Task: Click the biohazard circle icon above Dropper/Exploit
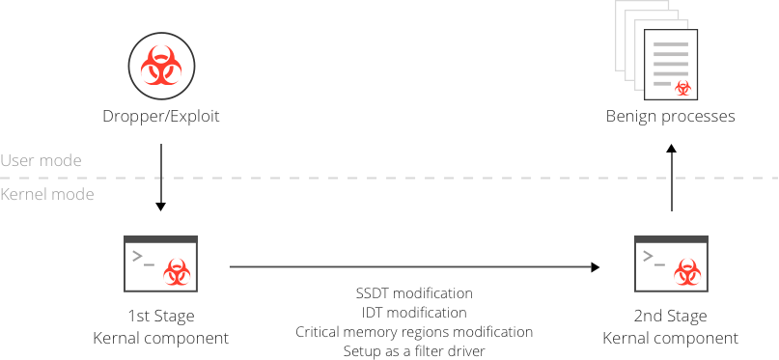point(161,66)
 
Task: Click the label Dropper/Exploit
point(161,117)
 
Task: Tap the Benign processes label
point(670,117)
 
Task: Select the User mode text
point(41,160)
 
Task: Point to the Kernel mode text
point(47,194)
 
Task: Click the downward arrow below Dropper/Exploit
point(160,178)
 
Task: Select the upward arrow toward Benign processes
point(672,178)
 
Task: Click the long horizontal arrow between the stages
point(415,267)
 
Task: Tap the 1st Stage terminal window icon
point(160,263)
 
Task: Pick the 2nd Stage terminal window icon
point(671,263)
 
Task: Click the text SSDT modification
point(414,293)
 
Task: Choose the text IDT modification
point(414,313)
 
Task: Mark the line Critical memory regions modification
point(414,332)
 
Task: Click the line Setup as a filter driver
point(414,351)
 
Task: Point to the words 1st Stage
point(161,316)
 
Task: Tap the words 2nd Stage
point(671,316)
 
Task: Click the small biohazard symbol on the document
point(683,88)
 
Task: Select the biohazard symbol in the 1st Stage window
point(177,271)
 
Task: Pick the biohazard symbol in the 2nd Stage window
point(687,271)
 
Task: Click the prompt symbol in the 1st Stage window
point(143,259)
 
